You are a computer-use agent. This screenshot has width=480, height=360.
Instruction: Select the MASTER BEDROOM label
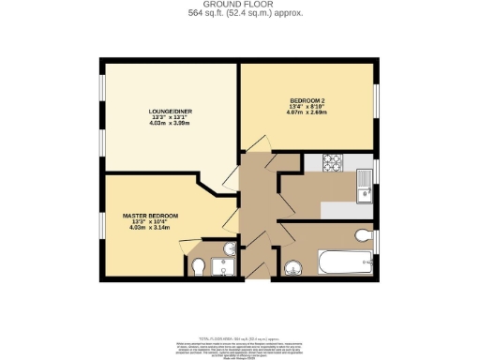tap(150, 217)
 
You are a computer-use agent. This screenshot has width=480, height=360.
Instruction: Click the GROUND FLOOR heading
tap(239, 5)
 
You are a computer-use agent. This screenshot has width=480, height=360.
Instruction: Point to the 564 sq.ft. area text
tap(239, 14)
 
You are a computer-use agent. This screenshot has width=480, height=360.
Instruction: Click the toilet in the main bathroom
tap(364, 234)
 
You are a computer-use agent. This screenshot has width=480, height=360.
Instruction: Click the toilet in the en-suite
tap(196, 267)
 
